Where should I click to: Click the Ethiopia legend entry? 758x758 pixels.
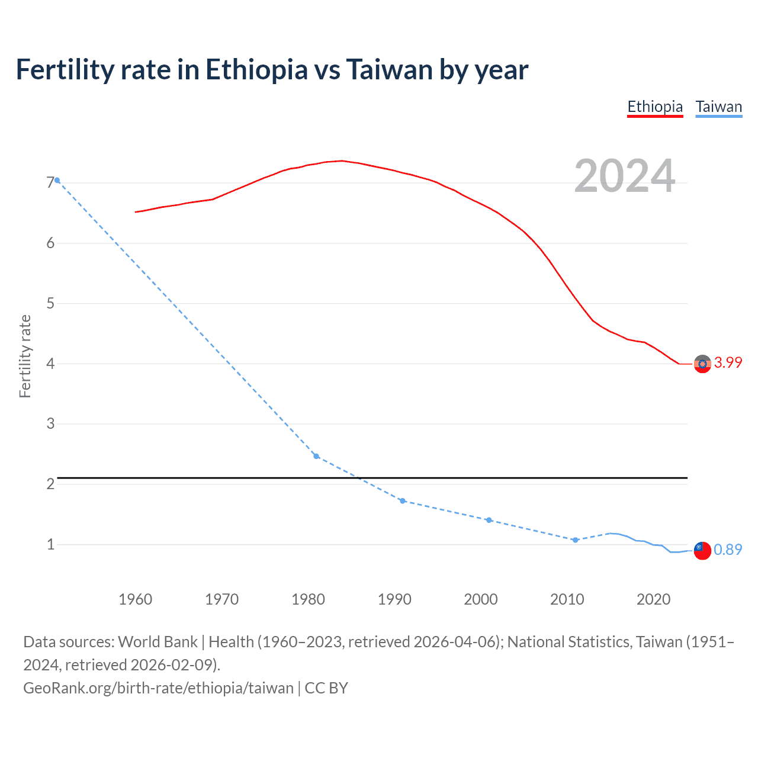coord(655,107)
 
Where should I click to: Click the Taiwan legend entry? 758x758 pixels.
coord(718,107)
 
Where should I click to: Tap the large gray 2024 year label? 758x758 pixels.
coord(624,176)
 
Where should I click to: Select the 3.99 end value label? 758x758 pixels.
coord(728,362)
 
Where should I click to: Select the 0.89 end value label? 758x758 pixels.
coord(728,550)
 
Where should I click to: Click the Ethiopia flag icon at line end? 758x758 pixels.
coord(702,364)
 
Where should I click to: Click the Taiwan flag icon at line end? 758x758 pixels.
coord(702,550)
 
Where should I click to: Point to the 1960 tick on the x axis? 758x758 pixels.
coord(135,599)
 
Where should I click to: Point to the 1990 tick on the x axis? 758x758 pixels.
coord(394,599)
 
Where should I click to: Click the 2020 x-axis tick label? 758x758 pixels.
coord(653,599)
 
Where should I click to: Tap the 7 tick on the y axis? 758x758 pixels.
coord(50,183)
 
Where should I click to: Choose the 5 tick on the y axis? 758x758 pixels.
coord(50,303)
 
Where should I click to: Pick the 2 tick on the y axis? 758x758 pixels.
coord(50,484)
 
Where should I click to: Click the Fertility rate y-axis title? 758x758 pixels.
coord(25,356)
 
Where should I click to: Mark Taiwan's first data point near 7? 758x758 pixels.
coord(57,180)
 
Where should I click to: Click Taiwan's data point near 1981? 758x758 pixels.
coord(316,456)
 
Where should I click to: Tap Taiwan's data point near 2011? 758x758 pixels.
coord(575,540)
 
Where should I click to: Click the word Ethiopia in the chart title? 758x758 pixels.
coord(256,70)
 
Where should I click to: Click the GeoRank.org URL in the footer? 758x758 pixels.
coord(158,688)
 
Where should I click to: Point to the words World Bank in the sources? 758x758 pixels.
coord(158,642)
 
